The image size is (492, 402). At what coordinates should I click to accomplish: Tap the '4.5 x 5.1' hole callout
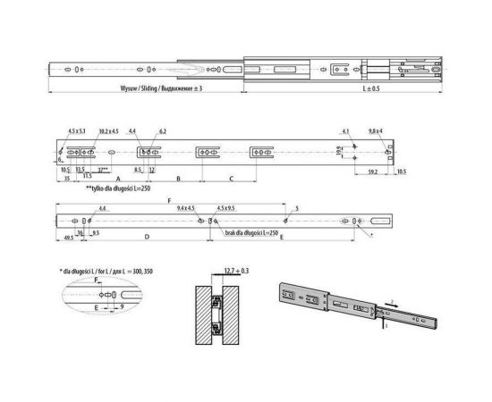(x=78, y=131)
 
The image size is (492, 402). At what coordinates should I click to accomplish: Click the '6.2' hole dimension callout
(x=164, y=131)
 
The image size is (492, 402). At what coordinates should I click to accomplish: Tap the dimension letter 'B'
(x=178, y=180)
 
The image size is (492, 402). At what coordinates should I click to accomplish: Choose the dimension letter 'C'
(x=232, y=180)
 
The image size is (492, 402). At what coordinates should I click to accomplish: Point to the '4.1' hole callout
(x=344, y=131)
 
